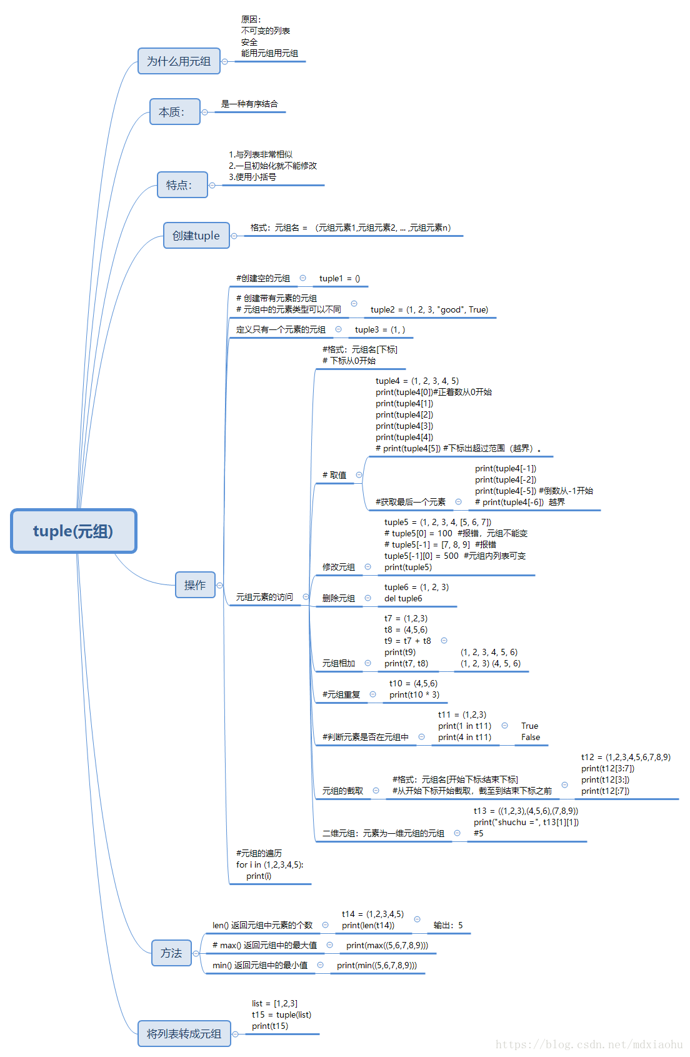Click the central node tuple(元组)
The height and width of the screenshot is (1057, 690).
click(73, 531)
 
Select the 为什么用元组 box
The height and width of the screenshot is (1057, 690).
click(179, 61)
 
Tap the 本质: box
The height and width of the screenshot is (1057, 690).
click(174, 112)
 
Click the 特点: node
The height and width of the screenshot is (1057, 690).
click(182, 185)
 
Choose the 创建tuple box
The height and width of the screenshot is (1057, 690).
click(196, 236)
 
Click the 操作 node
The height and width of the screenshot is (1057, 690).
click(195, 585)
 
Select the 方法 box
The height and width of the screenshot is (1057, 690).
click(171, 953)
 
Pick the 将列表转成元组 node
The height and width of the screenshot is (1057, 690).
click(184, 1034)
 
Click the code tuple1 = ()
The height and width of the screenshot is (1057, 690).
click(339, 279)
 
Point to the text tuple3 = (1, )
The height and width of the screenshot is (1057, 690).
click(379, 330)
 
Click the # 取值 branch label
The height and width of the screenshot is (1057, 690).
click(334, 475)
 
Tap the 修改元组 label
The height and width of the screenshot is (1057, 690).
click(338, 568)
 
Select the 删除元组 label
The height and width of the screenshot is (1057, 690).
click(338, 599)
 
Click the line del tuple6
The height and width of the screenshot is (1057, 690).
click(403, 599)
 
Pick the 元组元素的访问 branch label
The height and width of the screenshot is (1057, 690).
click(264, 598)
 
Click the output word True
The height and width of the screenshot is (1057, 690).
click(529, 726)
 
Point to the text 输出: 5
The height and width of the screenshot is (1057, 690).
click(448, 926)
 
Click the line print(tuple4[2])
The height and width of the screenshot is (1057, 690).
click(404, 415)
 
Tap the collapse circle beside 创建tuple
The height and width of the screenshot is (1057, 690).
click(234, 236)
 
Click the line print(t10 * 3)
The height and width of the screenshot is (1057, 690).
click(414, 695)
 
